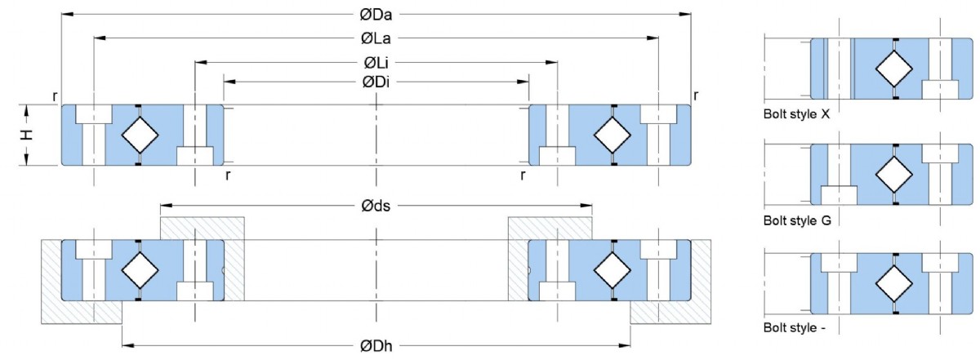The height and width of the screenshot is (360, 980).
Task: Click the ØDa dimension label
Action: coord(376,14)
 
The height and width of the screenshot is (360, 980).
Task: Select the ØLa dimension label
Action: coord(376,38)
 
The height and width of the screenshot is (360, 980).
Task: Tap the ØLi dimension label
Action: coord(376,62)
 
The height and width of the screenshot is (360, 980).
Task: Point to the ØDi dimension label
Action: coord(376,81)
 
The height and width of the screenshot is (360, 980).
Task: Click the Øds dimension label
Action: coord(376,206)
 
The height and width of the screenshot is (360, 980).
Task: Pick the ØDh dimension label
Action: coord(376,347)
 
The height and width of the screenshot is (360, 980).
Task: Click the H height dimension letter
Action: coord(28,135)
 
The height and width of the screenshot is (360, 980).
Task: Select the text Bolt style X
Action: coord(796,115)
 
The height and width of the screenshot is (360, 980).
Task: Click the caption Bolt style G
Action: coord(797,220)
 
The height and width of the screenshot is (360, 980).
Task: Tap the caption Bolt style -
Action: coord(795,327)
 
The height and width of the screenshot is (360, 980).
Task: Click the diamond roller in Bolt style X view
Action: coord(894,68)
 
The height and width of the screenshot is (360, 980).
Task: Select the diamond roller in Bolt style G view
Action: coord(894,174)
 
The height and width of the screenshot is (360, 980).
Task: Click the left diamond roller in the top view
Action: coord(140,135)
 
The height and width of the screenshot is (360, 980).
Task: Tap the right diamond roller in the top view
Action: coord(612,135)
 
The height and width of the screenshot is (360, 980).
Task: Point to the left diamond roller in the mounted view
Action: coord(140,270)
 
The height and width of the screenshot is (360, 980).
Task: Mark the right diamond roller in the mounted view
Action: coord(612,270)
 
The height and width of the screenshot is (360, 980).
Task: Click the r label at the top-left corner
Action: coord(55,96)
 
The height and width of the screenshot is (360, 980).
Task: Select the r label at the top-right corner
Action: coord(696,96)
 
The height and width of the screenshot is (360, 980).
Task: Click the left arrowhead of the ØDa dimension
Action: coord(65,14)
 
